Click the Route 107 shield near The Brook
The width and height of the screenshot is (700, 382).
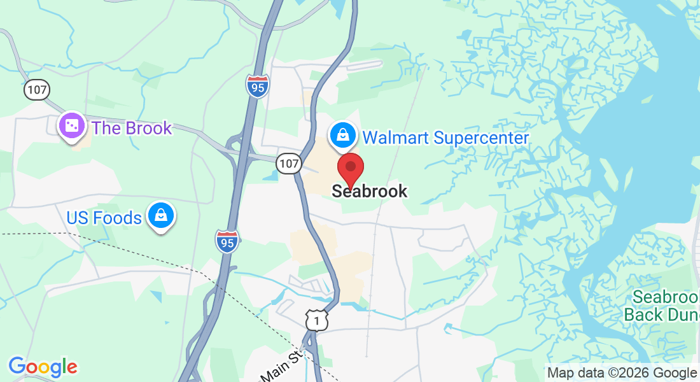pyautogui.click(x=37, y=90)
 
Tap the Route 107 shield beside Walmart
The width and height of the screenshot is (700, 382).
pyautogui.click(x=288, y=164)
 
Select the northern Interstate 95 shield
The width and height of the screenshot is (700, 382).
pyautogui.click(x=258, y=86)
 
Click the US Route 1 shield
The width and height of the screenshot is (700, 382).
pyautogui.click(x=316, y=320)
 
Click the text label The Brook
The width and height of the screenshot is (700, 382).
pyautogui.click(x=132, y=128)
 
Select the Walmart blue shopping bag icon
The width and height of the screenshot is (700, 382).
pyautogui.click(x=342, y=135)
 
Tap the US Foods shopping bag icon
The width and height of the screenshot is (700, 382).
pyautogui.click(x=162, y=217)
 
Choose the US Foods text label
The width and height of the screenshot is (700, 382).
pyautogui.click(x=104, y=218)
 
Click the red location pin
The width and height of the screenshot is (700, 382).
pyautogui.click(x=350, y=169)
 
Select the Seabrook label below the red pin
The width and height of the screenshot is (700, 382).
pyautogui.click(x=369, y=191)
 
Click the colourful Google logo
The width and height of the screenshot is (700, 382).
pyautogui.click(x=43, y=367)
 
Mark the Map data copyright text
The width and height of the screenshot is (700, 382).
pyautogui.click(x=622, y=373)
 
